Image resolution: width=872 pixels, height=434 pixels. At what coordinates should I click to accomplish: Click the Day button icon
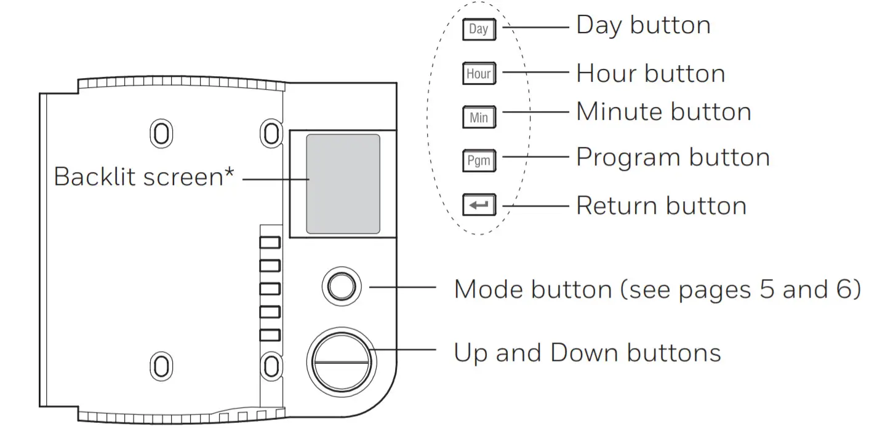coord(478,29)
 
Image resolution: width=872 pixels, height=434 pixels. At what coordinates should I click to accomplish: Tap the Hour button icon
coord(478,74)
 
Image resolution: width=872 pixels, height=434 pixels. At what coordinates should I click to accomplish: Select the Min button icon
coord(478,117)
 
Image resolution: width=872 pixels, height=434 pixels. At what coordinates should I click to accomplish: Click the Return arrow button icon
coord(478,205)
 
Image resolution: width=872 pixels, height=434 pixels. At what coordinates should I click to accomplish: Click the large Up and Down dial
coord(341,361)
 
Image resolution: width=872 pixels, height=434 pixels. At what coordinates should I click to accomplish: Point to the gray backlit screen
coord(343,183)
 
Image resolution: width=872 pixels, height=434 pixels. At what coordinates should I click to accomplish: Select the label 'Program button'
coord(673,158)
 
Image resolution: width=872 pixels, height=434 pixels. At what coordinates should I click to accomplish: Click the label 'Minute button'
coord(663,112)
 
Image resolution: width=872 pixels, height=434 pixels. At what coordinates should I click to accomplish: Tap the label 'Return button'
coord(661,206)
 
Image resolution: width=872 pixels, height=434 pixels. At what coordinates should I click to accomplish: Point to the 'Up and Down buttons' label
coord(587,353)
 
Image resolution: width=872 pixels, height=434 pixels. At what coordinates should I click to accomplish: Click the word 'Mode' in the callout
coord(489,289)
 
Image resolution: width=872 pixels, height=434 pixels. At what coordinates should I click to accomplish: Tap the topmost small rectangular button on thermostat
coord(270,242)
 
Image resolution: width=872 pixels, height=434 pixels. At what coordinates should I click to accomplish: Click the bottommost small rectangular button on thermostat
coord(270,336)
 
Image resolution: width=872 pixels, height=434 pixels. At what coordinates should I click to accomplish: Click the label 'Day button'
coord(643,25)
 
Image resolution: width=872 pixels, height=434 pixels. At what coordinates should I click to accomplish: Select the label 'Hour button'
coord(650,74)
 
